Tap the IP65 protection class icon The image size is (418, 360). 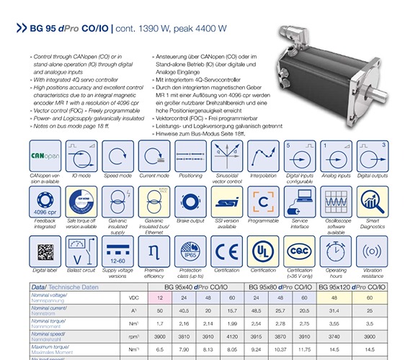(x=190, y=252)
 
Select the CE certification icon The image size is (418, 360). (x=227, y=252)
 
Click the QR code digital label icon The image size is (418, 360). (x=45, y=252)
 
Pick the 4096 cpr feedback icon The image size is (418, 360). (x=45, y=204)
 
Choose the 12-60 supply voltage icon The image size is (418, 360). (x=117, y=252)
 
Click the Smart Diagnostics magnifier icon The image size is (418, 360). (x=373, y=204)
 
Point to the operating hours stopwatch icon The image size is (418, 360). (x=337, y=252)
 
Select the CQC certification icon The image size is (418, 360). (x=300, y=252)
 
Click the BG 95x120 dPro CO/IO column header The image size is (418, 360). (x=354, y=286)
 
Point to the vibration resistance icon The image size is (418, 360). (x=373, y=252)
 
